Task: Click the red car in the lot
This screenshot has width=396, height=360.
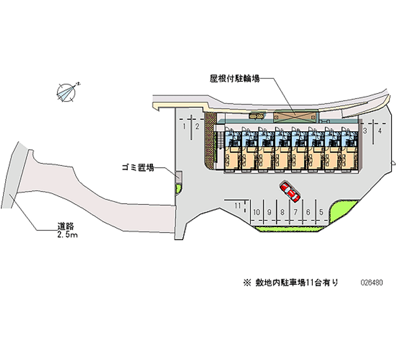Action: [290, 192]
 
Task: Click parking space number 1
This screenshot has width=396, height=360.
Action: [184, 127]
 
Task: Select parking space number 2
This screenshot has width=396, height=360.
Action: [197, 127]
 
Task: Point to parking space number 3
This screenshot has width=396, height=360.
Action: [365, 131]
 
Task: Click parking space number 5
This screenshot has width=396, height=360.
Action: [321, 212]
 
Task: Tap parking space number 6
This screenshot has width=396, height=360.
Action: [308, 212]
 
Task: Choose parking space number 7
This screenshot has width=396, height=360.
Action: [295, 212]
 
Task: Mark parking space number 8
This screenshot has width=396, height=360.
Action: [282, 212]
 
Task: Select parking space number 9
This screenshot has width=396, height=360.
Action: [269, 212]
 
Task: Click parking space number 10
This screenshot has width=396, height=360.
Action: [256, 212]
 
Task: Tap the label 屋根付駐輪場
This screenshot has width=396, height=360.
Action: [235, 78]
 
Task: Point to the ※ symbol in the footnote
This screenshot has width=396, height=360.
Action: [247, 283]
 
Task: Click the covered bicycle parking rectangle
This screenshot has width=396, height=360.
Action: [295, 115]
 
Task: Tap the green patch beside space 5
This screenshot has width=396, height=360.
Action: [341, 211]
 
